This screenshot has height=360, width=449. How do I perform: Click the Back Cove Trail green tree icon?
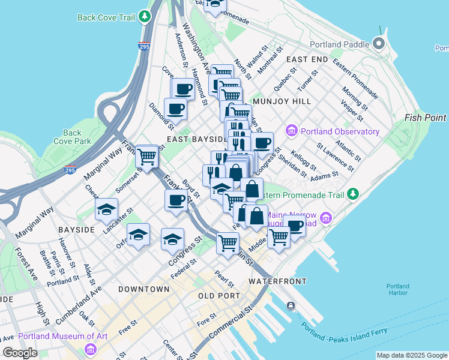(145, 17)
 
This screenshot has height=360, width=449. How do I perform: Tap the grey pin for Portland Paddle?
(379, 44)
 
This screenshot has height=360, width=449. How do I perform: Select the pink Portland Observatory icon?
(292, 131)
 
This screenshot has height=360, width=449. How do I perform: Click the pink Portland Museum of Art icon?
(91, 349)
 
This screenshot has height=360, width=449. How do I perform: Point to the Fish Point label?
(426, 118)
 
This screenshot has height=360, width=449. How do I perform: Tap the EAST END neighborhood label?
(307, 60)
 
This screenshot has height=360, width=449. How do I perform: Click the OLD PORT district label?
(219, 296)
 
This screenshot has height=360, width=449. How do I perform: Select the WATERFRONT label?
(277, 281)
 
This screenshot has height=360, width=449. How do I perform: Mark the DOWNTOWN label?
(143, 289)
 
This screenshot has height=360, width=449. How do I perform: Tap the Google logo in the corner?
(20, 353)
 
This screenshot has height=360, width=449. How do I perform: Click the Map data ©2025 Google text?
(412, 355)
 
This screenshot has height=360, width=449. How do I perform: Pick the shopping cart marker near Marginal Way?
(146, 157)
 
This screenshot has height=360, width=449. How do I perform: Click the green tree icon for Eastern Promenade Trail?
(354, 194)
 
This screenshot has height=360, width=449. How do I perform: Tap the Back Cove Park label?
(72, 137)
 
